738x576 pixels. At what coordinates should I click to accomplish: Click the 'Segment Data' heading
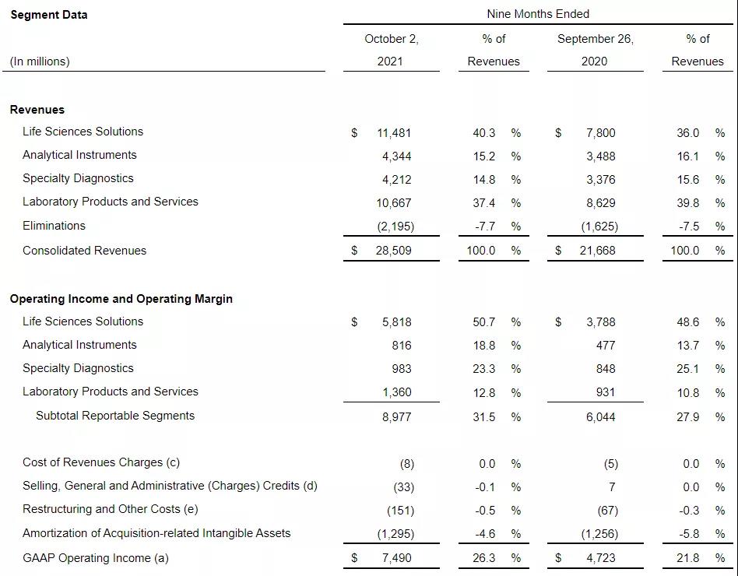pos(48,15)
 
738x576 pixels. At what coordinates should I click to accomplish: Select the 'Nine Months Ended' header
pos(538,14)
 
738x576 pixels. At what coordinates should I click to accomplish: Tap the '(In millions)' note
pos(40,61)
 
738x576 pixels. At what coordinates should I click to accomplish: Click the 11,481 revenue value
pos(394,133)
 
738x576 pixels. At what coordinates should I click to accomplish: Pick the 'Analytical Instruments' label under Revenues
pos(79,155)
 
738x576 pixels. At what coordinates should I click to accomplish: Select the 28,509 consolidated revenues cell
pos(394,251)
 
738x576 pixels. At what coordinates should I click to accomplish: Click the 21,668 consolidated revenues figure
pos(598,251)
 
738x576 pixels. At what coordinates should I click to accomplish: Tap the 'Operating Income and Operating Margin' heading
pos(121,299)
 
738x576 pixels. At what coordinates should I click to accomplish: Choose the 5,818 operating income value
pos(396,322)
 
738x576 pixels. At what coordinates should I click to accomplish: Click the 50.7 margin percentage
pos(483,322)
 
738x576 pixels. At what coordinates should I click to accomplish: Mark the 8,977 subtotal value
pos(396,417)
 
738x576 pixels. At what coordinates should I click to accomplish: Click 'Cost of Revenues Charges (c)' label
pos(101,462)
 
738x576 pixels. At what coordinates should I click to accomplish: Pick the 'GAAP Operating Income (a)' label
pos(96,557)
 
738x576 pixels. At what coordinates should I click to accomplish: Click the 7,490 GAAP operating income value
pos(396,558)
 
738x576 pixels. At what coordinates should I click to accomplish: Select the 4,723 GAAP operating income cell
pos(600,558)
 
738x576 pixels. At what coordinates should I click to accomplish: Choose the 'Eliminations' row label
pos(54,226)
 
